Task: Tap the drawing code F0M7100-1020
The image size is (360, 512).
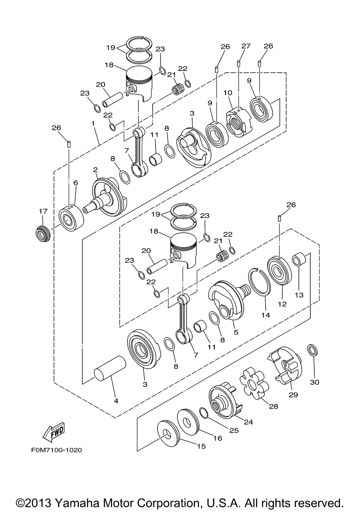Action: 57,450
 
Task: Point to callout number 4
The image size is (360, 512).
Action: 116,401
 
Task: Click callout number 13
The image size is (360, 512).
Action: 299,295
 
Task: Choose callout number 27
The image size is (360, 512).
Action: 246,46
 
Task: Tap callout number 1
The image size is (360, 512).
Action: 93,123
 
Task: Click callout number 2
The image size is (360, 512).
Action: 95,169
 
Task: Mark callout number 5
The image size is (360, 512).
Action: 236,332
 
